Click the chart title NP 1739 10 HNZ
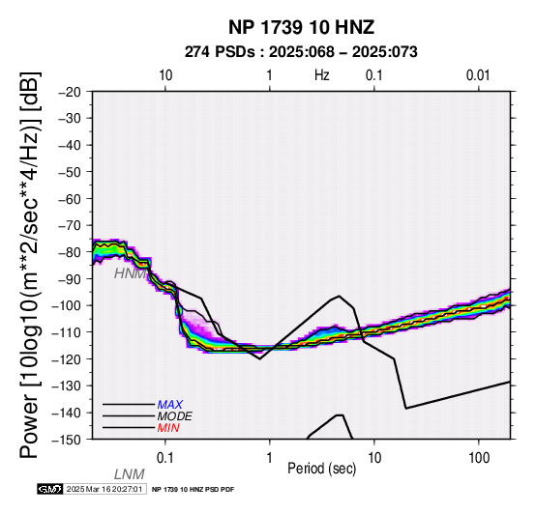pos(301,27)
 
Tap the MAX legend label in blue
pos(170,405)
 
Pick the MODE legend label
pos(175,416)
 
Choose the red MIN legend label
pos(168,428)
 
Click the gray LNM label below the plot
pos(130,474)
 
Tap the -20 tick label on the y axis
pos(70,92)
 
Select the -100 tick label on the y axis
pos(66,305)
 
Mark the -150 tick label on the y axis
pos(66,440)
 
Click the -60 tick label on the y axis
pos(70,199)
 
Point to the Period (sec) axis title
pos(322,469)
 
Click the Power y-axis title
pos(30,265)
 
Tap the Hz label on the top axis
pos(322,75)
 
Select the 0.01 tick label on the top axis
pos(478,75)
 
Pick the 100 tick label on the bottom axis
pos(479,458)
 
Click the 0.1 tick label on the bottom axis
pos(165,458)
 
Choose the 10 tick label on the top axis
pos(165,75)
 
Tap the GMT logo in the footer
pos(50,489)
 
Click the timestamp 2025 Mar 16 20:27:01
pos(104,489)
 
